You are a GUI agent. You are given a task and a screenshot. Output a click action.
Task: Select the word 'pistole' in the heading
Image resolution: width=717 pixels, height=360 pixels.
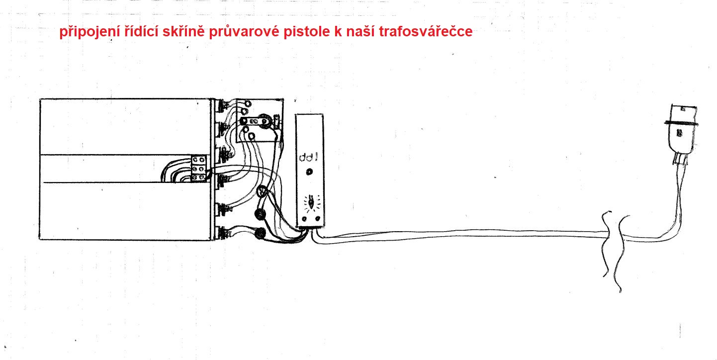click(307, 32)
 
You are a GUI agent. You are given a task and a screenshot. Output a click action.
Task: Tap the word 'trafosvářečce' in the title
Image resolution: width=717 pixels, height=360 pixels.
click(426, 31)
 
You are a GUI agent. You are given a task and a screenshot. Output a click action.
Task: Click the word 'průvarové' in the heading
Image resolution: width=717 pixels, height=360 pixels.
click(244, 32)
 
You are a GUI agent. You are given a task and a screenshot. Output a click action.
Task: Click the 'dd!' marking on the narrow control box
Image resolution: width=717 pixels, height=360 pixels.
click(308, 157)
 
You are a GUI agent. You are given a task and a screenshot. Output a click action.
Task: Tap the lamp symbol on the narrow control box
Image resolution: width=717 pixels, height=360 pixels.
click(310, 203)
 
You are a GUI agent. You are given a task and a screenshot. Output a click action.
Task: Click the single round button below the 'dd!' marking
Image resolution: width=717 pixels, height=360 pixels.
click(309, 172)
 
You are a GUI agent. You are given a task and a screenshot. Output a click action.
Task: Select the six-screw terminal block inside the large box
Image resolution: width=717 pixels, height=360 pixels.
click(198, 169)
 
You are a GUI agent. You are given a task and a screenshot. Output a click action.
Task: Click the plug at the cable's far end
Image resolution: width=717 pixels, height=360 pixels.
click(681, 134)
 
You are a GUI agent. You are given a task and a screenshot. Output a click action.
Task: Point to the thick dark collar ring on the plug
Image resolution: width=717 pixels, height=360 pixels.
click(681, 123)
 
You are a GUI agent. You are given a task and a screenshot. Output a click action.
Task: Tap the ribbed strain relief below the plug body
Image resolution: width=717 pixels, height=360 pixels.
click(679, 159)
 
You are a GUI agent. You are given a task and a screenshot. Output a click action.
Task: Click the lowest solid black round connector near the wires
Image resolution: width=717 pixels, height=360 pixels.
click(260, 233)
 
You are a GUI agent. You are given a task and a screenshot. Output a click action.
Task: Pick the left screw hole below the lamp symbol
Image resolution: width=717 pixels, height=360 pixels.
click(304, 219)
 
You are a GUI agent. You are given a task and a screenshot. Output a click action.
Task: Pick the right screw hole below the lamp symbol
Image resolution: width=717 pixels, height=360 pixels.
click(318, 219)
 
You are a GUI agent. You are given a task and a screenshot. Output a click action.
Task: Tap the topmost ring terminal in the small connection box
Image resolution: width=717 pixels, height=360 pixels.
click(248, 104)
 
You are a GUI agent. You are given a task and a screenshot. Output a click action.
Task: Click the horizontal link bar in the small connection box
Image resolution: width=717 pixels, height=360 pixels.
click(255, 122)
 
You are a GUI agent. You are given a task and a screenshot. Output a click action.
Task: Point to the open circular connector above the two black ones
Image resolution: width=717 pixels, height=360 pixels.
click(262, 191)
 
